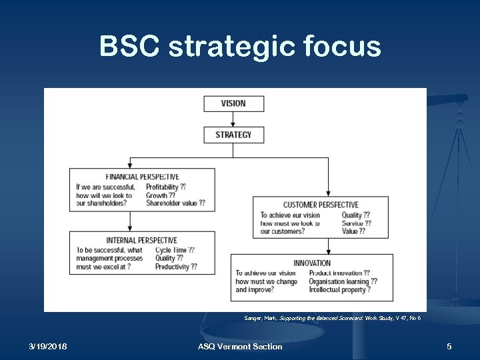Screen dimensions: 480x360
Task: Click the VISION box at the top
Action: [233, 103]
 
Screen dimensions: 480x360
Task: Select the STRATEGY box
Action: [233, 135]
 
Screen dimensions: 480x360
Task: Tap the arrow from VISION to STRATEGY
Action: [233, 119]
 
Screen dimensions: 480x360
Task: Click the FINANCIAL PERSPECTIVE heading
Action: [141, 177]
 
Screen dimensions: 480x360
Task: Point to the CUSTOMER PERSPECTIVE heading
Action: [321, 205]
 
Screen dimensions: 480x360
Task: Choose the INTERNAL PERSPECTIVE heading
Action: [141, 240]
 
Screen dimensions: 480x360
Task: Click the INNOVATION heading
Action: [312, 263]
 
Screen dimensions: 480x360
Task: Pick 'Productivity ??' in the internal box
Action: [176, 267]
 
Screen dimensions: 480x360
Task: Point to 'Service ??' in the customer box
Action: [356, 223]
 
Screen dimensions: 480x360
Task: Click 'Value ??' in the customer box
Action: [353, 231]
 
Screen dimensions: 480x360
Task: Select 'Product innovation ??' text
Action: [339, 273]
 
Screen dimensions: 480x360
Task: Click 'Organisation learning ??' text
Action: [343, 281]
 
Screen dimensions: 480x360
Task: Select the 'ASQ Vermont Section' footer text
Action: [240, 346]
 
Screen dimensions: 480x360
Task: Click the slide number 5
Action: [449, 346]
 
